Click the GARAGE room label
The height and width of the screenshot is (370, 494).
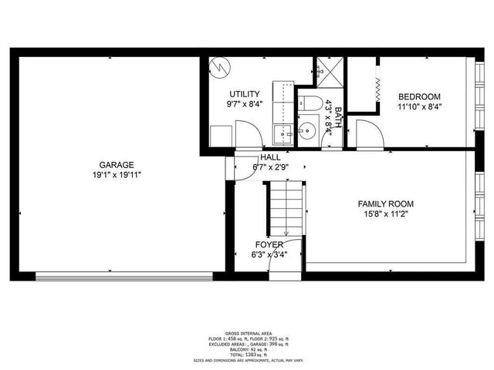117,164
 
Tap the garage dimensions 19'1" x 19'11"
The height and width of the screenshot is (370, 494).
117,175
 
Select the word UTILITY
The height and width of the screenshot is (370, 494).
243,94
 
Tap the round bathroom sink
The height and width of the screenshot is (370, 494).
306,129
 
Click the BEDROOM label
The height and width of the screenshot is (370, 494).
419,96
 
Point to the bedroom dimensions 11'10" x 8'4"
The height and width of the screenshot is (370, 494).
419,107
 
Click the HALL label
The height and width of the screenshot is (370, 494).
270,156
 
